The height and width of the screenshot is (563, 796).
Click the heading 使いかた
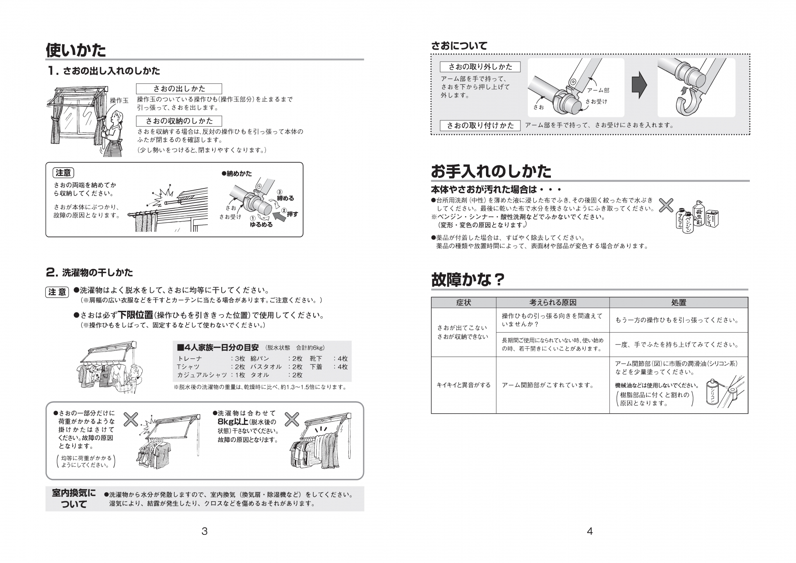(76, 50)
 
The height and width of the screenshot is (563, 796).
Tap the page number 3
(204, 531)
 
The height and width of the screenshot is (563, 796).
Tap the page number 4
(590, 531)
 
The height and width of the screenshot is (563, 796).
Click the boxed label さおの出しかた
(179, 89)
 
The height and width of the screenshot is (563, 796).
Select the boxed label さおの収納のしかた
(179, 121)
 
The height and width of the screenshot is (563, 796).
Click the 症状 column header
(464, 303)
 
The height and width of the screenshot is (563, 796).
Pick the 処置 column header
(679, 303)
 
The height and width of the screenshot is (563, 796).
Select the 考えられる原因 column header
(553, 303)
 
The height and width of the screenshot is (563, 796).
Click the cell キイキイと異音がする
(464, 385)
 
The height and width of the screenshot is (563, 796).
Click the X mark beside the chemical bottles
(666, 205)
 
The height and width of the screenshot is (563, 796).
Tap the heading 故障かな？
(468, 280)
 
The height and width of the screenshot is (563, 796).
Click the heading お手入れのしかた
(491, 171)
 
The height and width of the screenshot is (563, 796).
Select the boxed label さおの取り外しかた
(480, 67)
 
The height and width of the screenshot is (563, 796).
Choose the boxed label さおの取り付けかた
(480, 126)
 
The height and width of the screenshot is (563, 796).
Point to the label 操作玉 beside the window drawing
(119, 100)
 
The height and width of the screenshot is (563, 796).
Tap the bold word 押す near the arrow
(292, 214)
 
